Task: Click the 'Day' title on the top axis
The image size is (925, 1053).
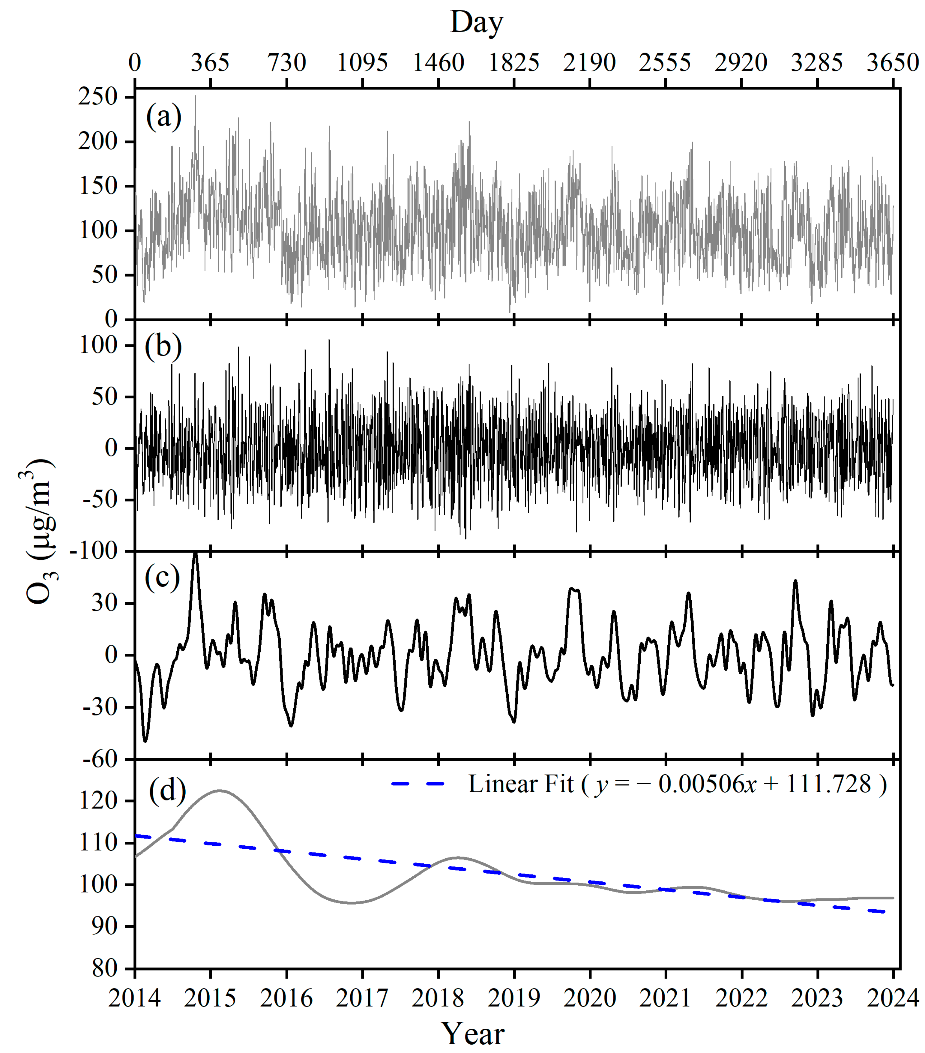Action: tap(476, 23)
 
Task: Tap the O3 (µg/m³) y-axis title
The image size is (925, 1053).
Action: tap(40, 531)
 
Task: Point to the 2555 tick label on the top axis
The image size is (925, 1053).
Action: tap(665, 63)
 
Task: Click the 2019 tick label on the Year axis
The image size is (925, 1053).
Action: tap(514, 998)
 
